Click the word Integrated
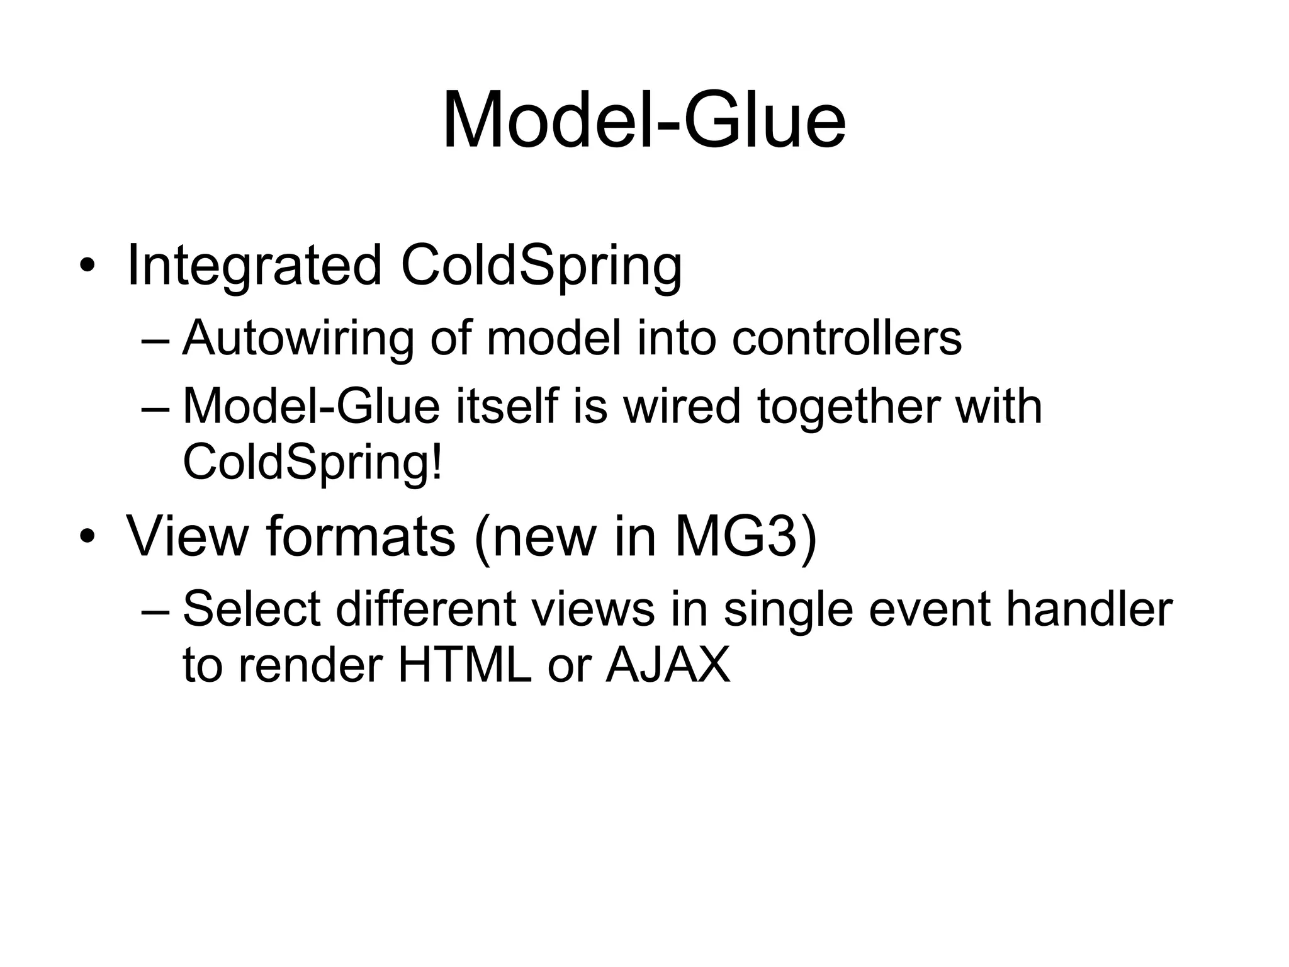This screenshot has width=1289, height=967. [254, 266]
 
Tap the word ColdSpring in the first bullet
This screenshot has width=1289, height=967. [541, 266]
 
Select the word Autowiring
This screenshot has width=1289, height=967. [298, 338]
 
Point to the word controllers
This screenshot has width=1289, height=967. [847, 338]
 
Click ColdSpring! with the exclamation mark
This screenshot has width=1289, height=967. [313, 461]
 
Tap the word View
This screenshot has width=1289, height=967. [188, 536]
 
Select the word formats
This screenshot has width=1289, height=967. [361, 536]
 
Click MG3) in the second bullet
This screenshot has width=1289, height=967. [745, 536]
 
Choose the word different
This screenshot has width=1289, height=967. [426, 609]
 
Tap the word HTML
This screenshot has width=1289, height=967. [464, 665]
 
